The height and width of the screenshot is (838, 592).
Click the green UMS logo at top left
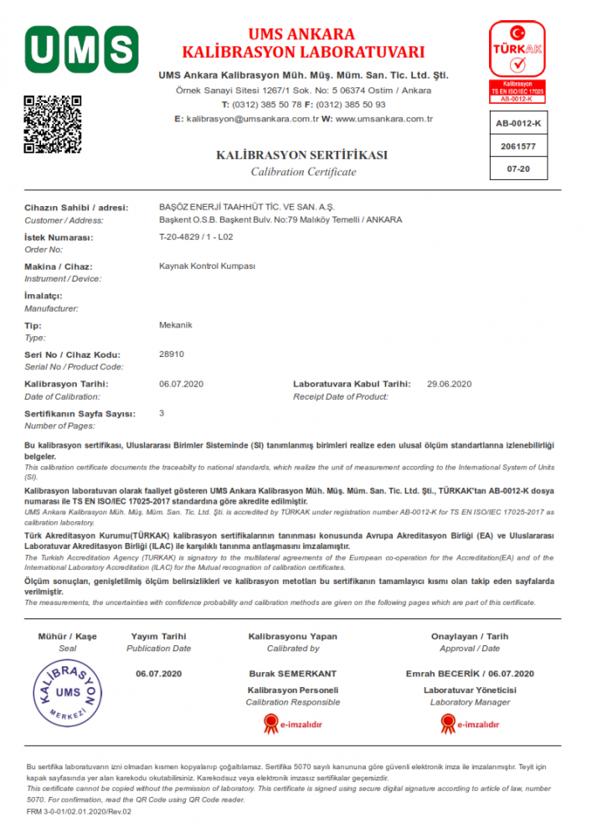click(81, 49)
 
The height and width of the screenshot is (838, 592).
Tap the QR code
click(52, 125)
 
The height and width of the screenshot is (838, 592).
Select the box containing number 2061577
click(517, 146)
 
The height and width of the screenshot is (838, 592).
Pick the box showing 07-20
click(517, 168)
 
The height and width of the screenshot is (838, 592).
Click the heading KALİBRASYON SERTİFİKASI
click(302, 155)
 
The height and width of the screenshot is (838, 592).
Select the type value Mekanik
click(176, 325)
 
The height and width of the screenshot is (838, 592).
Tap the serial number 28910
click(171, 354)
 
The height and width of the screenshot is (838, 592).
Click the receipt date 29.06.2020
click(450, 384)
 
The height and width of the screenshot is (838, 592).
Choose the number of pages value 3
click(162, 413)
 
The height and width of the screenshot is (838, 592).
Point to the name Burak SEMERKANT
click(292, 674)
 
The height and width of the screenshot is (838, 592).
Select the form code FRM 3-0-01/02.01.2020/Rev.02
click(80, 811)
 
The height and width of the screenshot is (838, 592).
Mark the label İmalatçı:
click(44, 296)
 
